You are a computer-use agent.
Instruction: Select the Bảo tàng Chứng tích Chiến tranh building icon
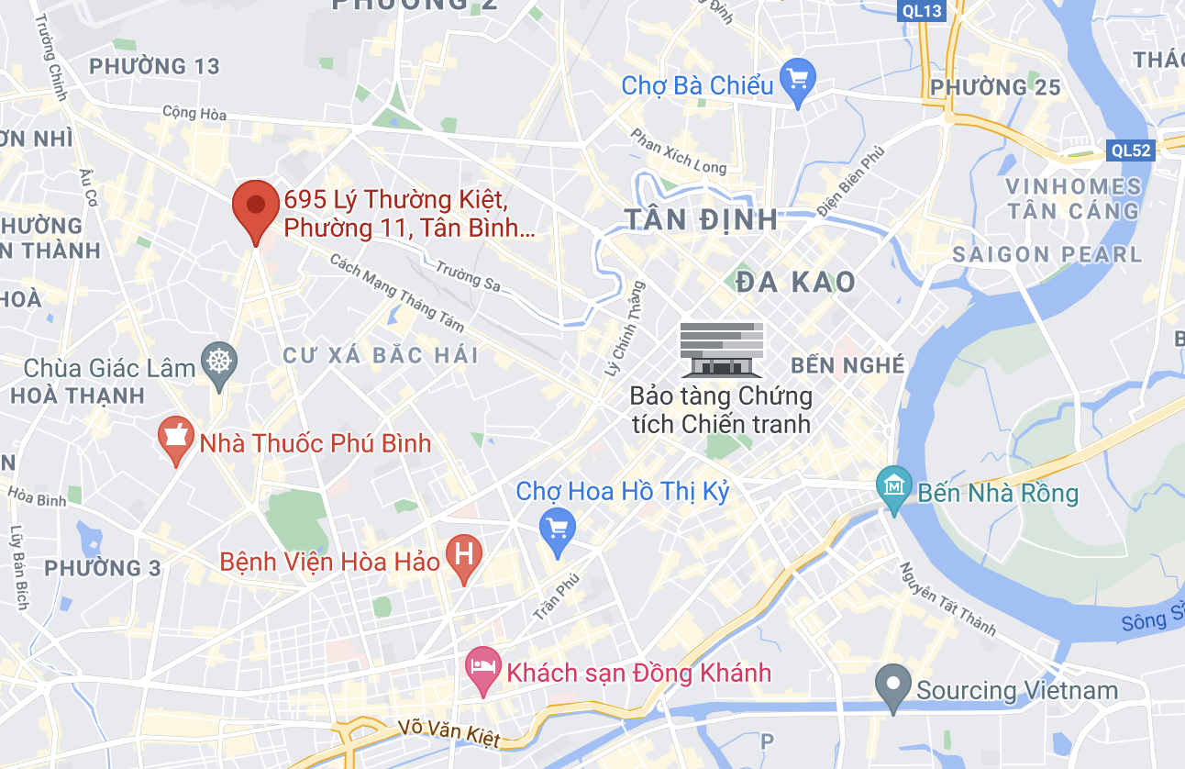[x=722, y=349]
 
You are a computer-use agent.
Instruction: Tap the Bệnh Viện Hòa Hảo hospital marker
[x=464, y=556]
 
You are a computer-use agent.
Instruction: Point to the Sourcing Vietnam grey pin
[x=892, y=686]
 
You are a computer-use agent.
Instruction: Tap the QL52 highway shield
[x=1129, y=150]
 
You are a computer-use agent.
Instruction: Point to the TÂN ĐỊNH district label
[x=702, y=219]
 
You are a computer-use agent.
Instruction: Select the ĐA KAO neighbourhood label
[x=796, y=282]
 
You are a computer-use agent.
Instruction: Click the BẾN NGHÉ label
[x=847, y=365]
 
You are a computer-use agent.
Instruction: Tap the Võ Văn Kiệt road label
[x=450, y=733]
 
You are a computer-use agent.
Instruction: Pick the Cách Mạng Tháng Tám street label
[x=397, y=292]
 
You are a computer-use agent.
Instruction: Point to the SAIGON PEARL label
[x=1047, y=254]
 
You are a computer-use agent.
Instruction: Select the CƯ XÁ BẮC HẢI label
[x=381, y=355]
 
